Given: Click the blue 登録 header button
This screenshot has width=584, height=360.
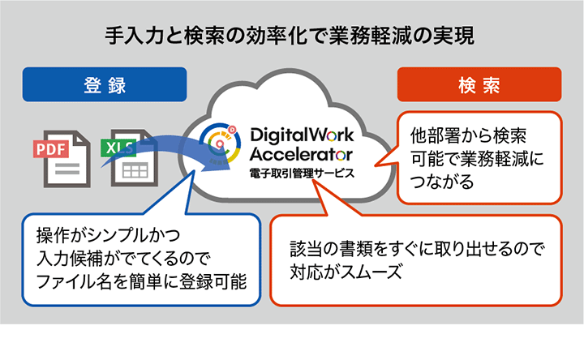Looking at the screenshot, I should pos(105,84).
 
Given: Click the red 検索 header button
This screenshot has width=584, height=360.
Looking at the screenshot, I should pos(479,84).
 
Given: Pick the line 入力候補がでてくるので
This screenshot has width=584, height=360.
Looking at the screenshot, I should pos(122,259).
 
